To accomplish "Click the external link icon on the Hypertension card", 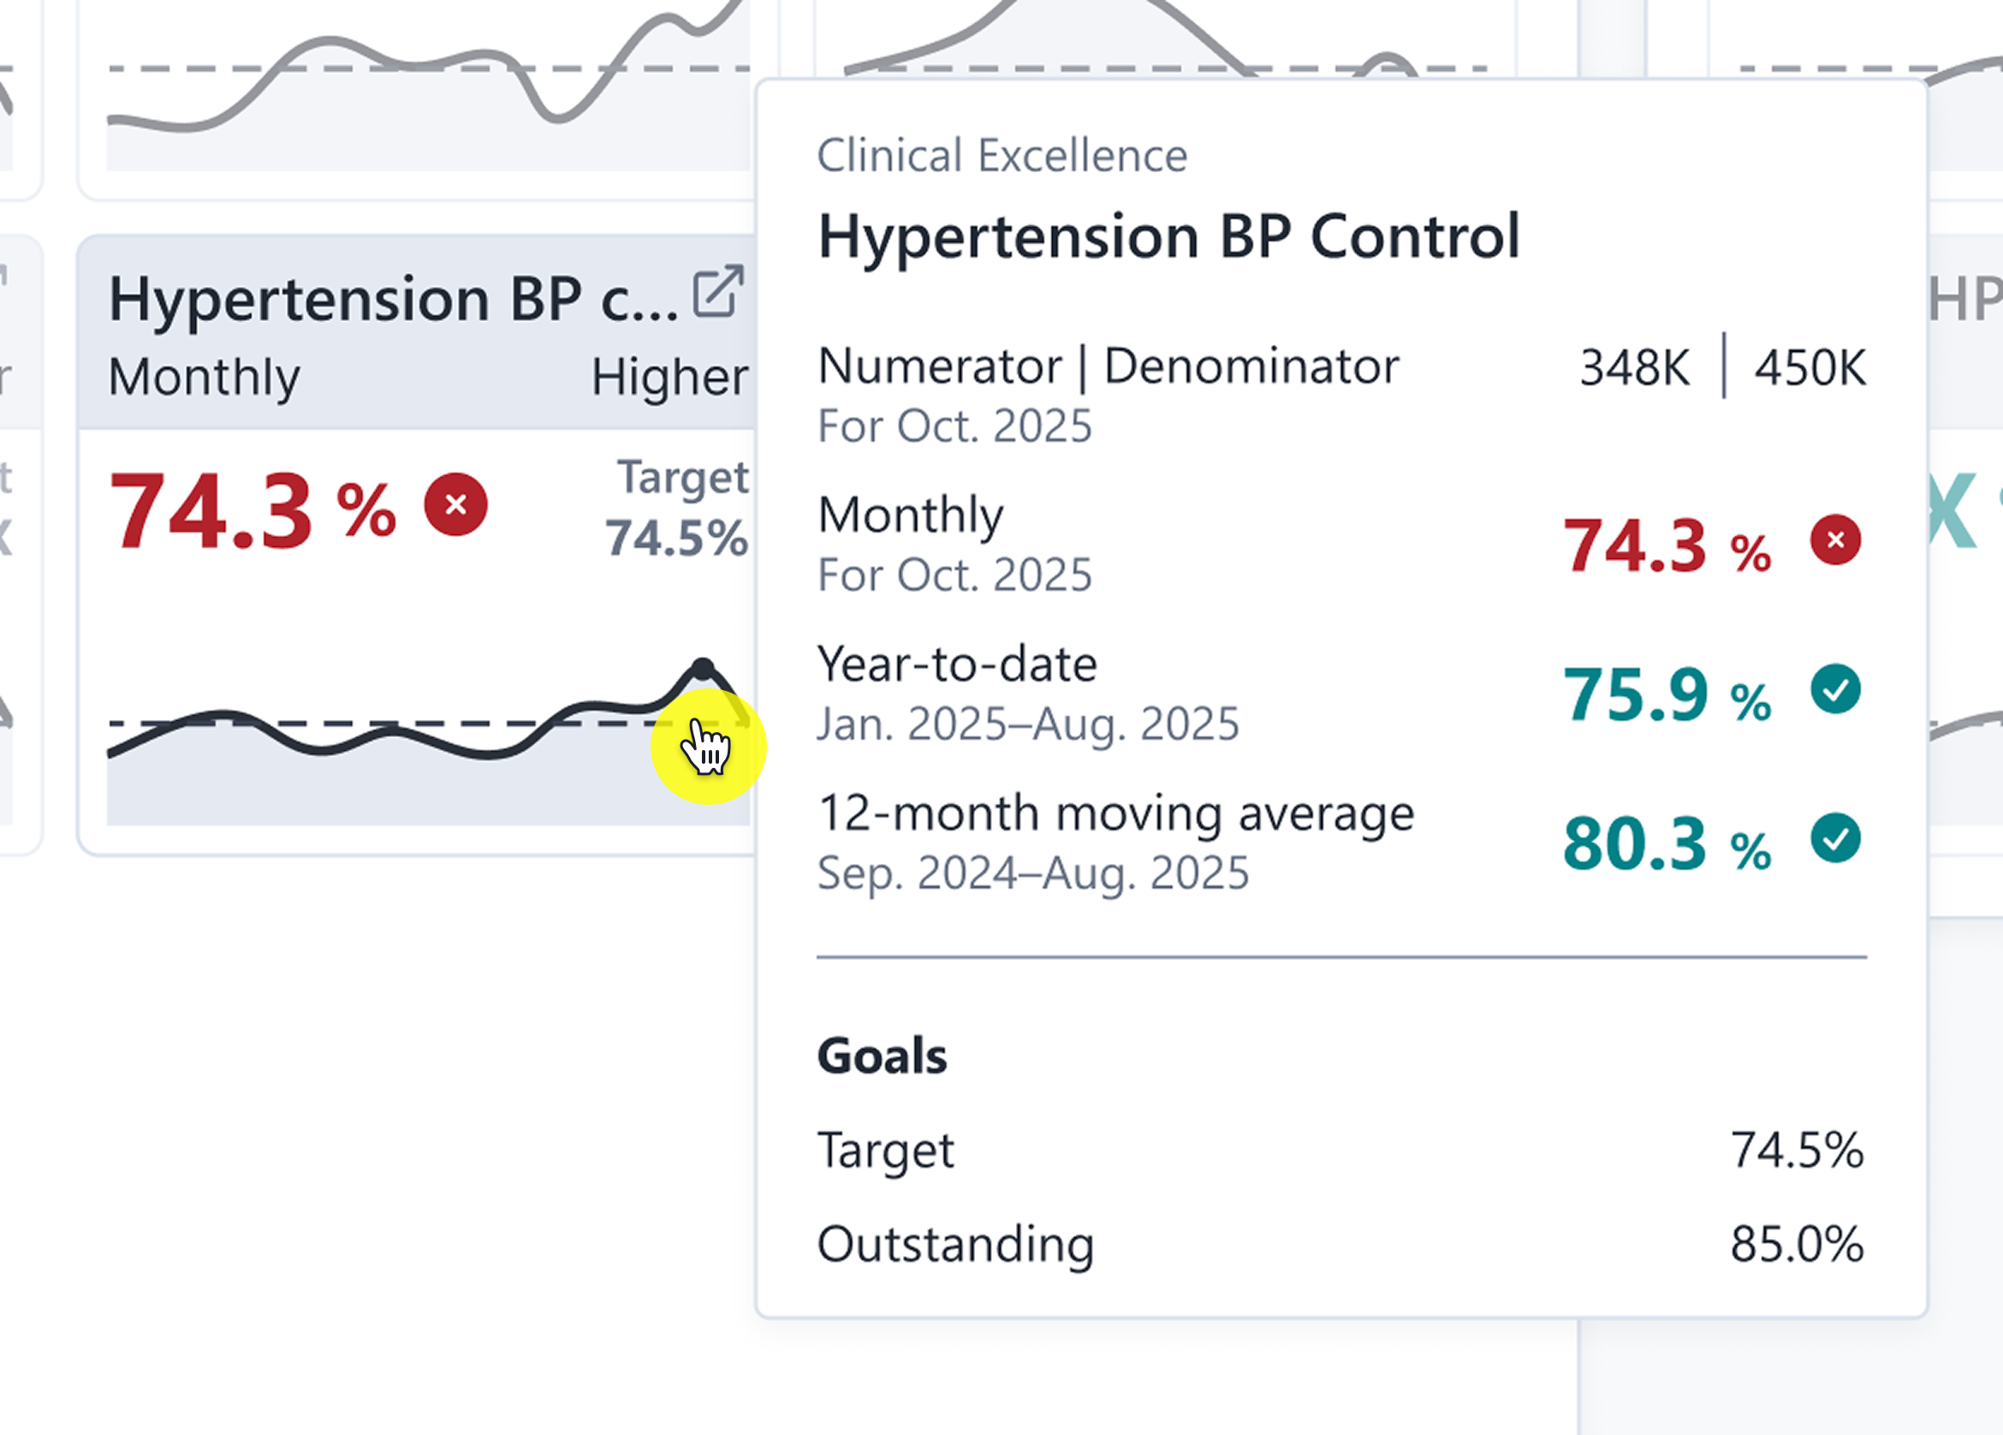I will pyautogui.click(x=717, y=291).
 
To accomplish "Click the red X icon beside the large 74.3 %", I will pyautogui.click(x=455, y=504).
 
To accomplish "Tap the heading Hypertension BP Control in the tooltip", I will pyautogui.click(x=1168, y=237).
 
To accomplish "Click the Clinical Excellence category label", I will pyautogui.click(x=1001, y=156).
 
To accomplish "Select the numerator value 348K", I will pyautogui.click(x=1634, y=367).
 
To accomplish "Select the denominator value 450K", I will pyautogui.click(x=1810, y=367).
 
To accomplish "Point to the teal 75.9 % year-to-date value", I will pyautogui.click(x=1666, y=695).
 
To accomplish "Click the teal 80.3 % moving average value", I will pyautogui.click(x=1666, y=845).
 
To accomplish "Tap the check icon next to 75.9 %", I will pyautogui.click(x=1835, y=689).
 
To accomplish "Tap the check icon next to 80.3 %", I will pyautogui.click(x=1835, y=838).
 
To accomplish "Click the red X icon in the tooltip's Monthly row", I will pyautogui.click(x=1835, y=540).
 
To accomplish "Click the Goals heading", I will pyautogui.click(x=882, y=1056).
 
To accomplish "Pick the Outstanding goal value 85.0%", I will pyautogui.click(x=1797, y=1244).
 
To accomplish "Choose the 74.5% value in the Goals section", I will pyautogui.click(x=1797, y=1151).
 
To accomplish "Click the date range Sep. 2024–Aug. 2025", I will pyautogui.click(x=1032, y=873).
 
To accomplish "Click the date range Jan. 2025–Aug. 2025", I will pyautogui.click(x=1028, y=723).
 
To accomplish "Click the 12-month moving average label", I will pyautogui.click(x=1115, y=813).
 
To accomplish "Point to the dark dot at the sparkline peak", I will pyautogui.click(x=702, y=668).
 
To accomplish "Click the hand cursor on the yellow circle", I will pyautogui.click(x=706, y=747).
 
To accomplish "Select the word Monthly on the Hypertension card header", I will pyautogui.click(x=204, y=377).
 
